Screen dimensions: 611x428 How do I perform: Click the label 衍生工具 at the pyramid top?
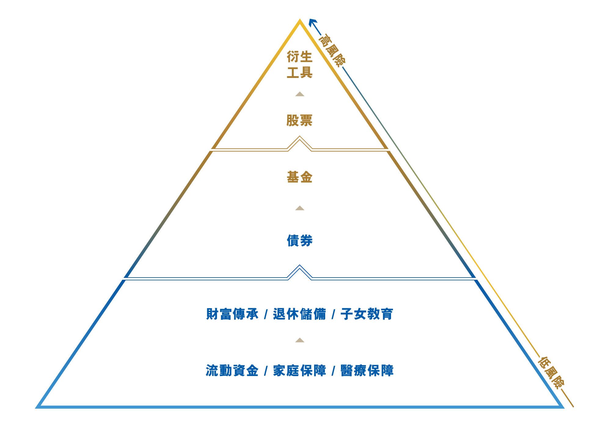(x=299, y=65)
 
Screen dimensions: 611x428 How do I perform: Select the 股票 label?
(x=299, y=120)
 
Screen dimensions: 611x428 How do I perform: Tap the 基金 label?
(x=299, y=177)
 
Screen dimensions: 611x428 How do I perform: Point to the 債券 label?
(x=299, y=241)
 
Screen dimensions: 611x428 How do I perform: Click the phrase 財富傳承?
(x=232, y=314)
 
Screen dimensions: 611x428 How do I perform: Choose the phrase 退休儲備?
(x=299, y=314)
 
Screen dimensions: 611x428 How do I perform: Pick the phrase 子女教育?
(x=367, y=314)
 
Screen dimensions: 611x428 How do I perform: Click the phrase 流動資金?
(x=232, y=371)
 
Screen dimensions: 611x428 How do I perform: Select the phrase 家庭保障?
(x=299, y=371)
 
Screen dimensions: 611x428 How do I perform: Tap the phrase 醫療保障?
(x=367, y=371)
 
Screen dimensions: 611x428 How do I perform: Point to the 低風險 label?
(x=551, y=373)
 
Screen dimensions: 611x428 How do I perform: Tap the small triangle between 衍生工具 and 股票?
(x=300, y=94)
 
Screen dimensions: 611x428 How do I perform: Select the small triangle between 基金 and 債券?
(x=300, y=208)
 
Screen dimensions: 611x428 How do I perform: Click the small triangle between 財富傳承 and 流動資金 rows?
(x=300, y=340)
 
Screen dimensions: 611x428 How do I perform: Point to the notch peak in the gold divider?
(x=300, y=136)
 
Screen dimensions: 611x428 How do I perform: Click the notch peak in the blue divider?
(x=300, y=265)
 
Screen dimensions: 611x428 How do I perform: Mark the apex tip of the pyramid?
(x=300, y=20)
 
